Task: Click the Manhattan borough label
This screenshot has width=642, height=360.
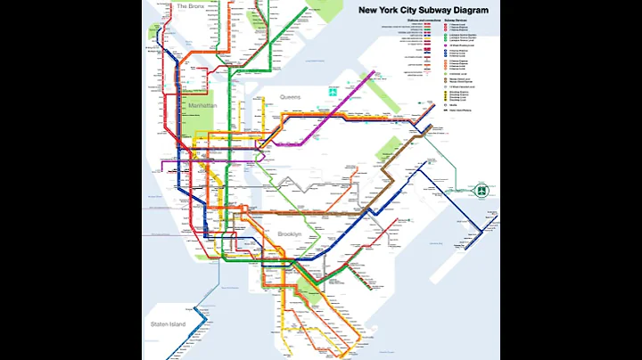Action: pos(202,105)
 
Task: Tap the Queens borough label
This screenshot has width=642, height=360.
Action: pos(290,96)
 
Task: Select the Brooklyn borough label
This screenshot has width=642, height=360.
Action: pos(290,233)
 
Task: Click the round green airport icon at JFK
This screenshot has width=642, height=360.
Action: pos(481,189)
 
